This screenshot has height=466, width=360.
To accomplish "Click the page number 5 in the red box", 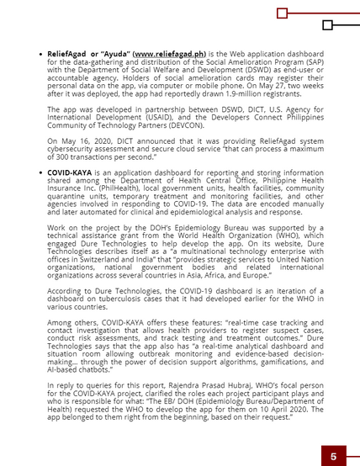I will point(333,455).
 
